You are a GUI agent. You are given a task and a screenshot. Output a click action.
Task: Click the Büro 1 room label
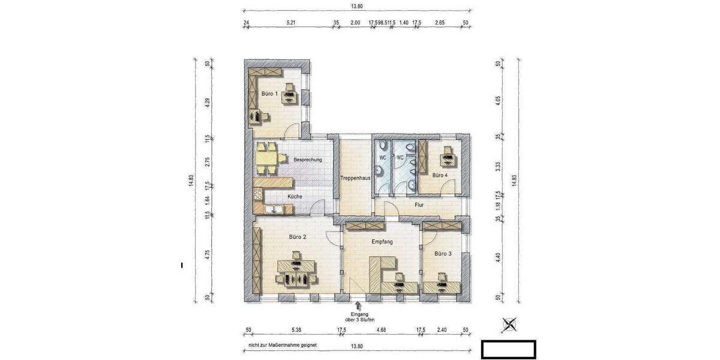tap(269, 94)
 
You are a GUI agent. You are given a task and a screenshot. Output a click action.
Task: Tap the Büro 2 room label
tap(298, 237)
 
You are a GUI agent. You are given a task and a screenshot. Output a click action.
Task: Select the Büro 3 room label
tap(443, 254)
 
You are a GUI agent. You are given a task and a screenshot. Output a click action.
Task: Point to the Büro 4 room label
tap(440, 175)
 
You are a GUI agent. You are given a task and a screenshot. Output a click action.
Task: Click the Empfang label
tap(382, 242)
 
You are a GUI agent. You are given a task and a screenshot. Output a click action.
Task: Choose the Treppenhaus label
tap(355, 178)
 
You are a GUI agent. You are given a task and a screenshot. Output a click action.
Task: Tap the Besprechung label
tap(308, 160)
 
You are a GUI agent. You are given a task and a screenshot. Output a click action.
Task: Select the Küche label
tap(295, 196)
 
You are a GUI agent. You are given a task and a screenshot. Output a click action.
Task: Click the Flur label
tap(419, 205)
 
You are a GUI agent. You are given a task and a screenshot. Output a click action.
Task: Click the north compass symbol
tap(510, 325)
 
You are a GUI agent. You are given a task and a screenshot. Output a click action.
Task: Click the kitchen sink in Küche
tap(274, 209)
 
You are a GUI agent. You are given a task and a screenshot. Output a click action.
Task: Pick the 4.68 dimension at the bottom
tap(381, 330)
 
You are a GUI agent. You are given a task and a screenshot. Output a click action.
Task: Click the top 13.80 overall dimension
tap(356, 7)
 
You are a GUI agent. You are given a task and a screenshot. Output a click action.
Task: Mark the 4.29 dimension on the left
tap(207, 102)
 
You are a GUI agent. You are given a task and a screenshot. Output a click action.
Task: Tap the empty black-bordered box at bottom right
tap(509, 349)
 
